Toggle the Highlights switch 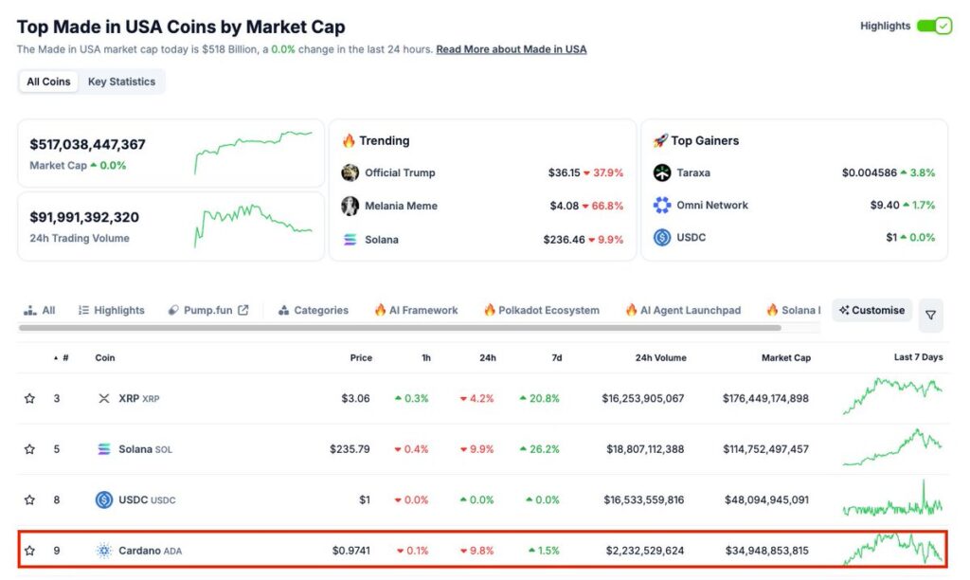(x=934, y=26)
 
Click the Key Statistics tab (x=121, y=82)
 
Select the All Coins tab (x=48, y=82)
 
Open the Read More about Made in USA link (x=511, y=49)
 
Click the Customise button (x=872, y=310)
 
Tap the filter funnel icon (x=930, y=315)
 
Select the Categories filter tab (x=314, y=310)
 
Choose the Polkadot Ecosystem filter (x=541, y=310)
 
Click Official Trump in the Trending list (x=400, y=172)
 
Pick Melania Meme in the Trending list (x=401, y=206)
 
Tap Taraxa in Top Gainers (x=693, y=172)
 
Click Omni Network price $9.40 (x=858, y=205)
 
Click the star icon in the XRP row (x=29, y=398)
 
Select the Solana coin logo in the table (x=104, y=449)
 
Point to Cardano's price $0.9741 (x=350, y=551)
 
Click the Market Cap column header (x=786, y=357)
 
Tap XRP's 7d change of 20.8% (x=539, y=398)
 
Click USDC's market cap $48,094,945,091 (x=765, y=499)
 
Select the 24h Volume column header (x=660, y=357)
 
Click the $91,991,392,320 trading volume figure (x=84, y=217)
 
